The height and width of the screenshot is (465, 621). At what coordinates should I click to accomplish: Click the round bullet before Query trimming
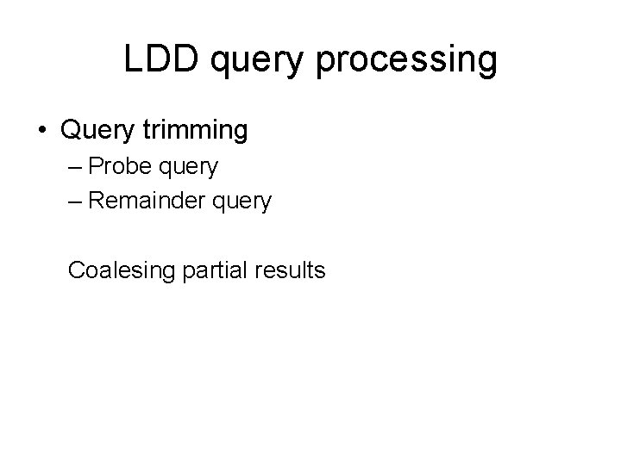pos(43,131)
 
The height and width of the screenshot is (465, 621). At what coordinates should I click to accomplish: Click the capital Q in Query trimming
pos(70,131)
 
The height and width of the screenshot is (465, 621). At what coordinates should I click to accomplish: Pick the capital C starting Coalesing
pos(76,270)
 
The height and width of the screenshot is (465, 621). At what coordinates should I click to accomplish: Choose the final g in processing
pos(486,64)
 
